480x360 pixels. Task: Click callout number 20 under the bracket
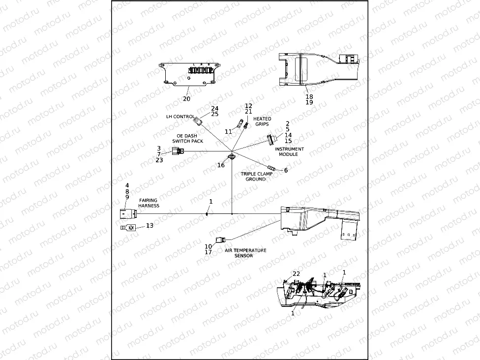coord(186,99)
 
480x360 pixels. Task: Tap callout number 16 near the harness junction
coord(221,165)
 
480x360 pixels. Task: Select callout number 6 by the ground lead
coord(286,170)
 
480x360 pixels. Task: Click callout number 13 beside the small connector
coord(150,225)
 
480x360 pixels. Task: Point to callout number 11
coord(228,132)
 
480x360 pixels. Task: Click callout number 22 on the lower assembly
coord(296,273)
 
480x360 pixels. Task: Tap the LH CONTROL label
coord(180,117)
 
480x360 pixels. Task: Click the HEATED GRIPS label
coord(262,121)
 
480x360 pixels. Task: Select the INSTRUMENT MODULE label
coord(289,151)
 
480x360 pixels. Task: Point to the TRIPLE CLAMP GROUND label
coord(256,177)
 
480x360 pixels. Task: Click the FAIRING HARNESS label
coord(149,203)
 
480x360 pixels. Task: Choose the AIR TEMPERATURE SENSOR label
coord(246,253)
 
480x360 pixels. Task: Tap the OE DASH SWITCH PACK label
coord(187,138)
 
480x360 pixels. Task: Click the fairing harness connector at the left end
coord(126,214)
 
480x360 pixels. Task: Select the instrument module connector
coord(270,140)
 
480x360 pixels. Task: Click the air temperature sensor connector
coord(220,240)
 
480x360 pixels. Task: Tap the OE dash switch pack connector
coord(178,151)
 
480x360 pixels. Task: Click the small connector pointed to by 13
coord(129,227)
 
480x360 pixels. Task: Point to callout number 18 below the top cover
coord(309,97)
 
